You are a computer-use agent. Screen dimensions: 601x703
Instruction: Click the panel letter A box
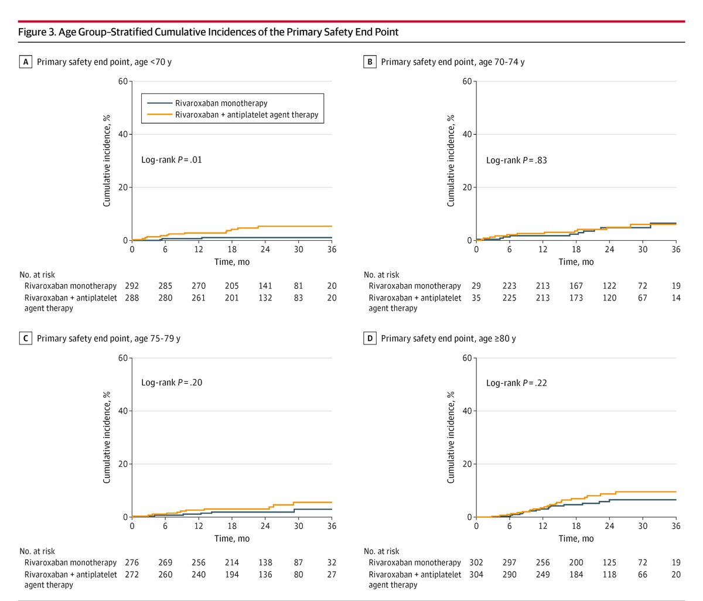pos(25,62)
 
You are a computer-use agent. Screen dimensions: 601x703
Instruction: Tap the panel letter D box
pos(370,338)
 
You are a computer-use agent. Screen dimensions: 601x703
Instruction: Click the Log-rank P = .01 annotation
pos(171,159)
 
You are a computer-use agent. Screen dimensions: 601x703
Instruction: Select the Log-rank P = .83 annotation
pos(516,160)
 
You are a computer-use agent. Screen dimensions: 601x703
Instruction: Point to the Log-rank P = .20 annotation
pos(171,383)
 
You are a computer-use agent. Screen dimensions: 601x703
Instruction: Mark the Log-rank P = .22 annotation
pos(516,383)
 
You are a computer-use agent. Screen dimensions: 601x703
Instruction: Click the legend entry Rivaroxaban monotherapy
pos(221,103)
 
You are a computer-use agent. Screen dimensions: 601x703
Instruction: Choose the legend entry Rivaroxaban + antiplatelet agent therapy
pos(247,115)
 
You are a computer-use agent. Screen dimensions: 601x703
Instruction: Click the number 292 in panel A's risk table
pos(132,286)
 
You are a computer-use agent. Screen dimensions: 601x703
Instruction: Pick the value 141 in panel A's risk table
pos(265,286)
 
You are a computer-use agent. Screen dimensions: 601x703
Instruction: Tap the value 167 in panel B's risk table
pos(576,286)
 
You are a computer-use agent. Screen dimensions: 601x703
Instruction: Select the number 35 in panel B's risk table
pos(476,298)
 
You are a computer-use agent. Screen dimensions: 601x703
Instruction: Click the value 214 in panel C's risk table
pos(232,562)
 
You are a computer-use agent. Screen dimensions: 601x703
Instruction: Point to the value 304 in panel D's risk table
pos(476,574)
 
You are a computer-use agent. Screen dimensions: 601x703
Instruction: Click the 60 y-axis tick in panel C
pos(122,358)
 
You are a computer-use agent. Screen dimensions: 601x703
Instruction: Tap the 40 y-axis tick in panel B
pos(467,134)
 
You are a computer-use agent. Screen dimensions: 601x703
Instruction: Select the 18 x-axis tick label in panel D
pos(576,526)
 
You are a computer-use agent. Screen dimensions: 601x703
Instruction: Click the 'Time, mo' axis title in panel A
pos(232,262)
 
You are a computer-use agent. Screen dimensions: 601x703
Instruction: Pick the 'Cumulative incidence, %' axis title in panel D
pos(451,437)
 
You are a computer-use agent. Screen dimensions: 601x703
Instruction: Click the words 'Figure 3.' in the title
pos(37,32)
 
